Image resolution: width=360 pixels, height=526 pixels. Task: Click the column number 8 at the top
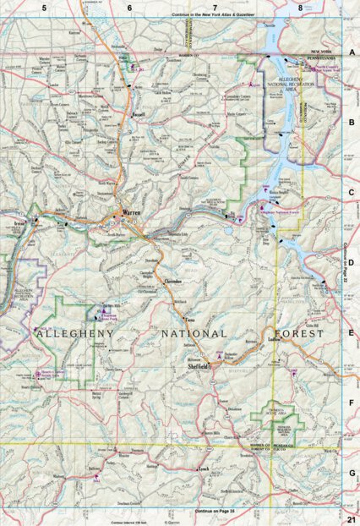300,8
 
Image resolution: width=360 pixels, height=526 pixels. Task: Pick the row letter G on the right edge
350,475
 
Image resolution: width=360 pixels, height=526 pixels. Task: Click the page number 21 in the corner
350,517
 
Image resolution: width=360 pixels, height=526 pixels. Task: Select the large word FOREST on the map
296,334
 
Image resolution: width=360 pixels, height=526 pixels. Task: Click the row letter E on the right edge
350,333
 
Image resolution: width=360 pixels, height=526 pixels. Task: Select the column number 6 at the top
129,8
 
